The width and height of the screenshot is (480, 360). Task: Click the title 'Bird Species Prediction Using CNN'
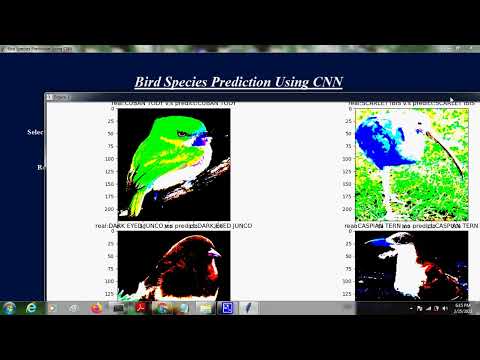239,82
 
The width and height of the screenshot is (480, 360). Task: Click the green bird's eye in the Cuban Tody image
182,133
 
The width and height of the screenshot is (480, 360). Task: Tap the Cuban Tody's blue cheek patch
200,140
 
